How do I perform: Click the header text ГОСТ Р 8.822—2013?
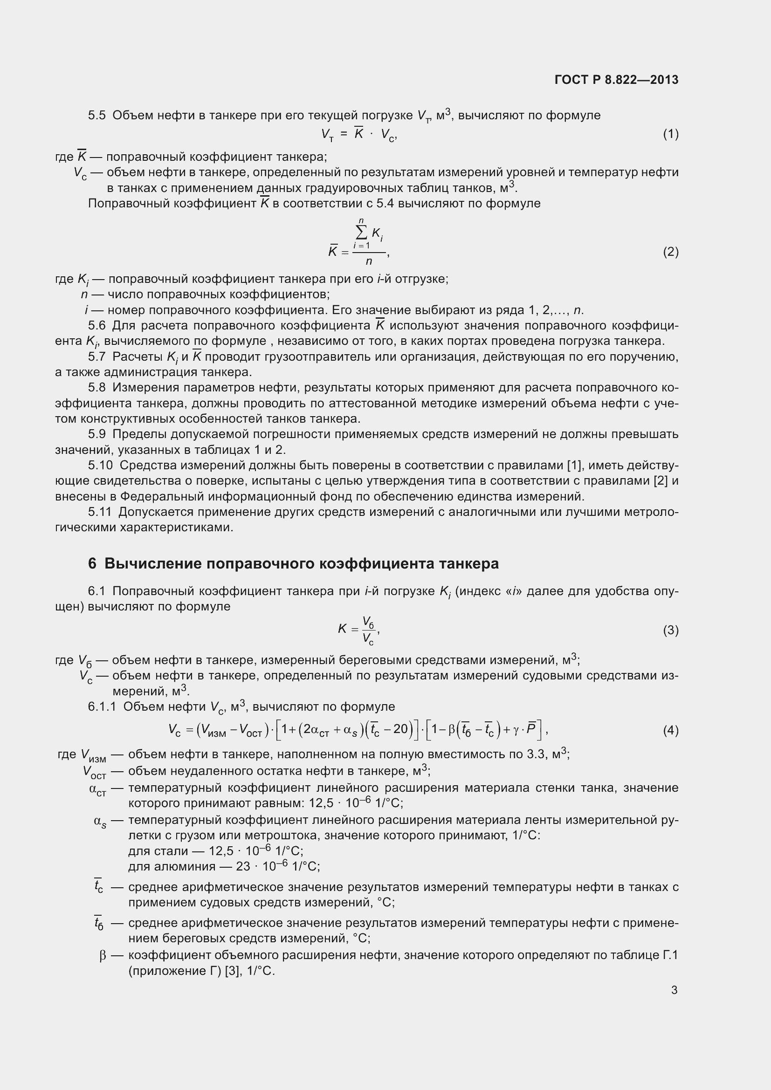click(616, 80)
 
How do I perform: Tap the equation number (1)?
click(670, 134)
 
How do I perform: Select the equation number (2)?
click(670, 252)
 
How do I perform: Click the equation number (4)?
click(670, 730)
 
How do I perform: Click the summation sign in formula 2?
click(361, 233)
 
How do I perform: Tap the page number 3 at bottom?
click(674, 990)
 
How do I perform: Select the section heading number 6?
click(92, 563)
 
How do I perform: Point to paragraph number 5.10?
click(100, 465)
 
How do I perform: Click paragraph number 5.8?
click(97, 388)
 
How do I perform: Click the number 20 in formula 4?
click(401, 729)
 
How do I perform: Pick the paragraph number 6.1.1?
click(102, 707)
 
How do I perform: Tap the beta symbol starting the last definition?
click(103, 955)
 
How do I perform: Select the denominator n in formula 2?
click(369, 261)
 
